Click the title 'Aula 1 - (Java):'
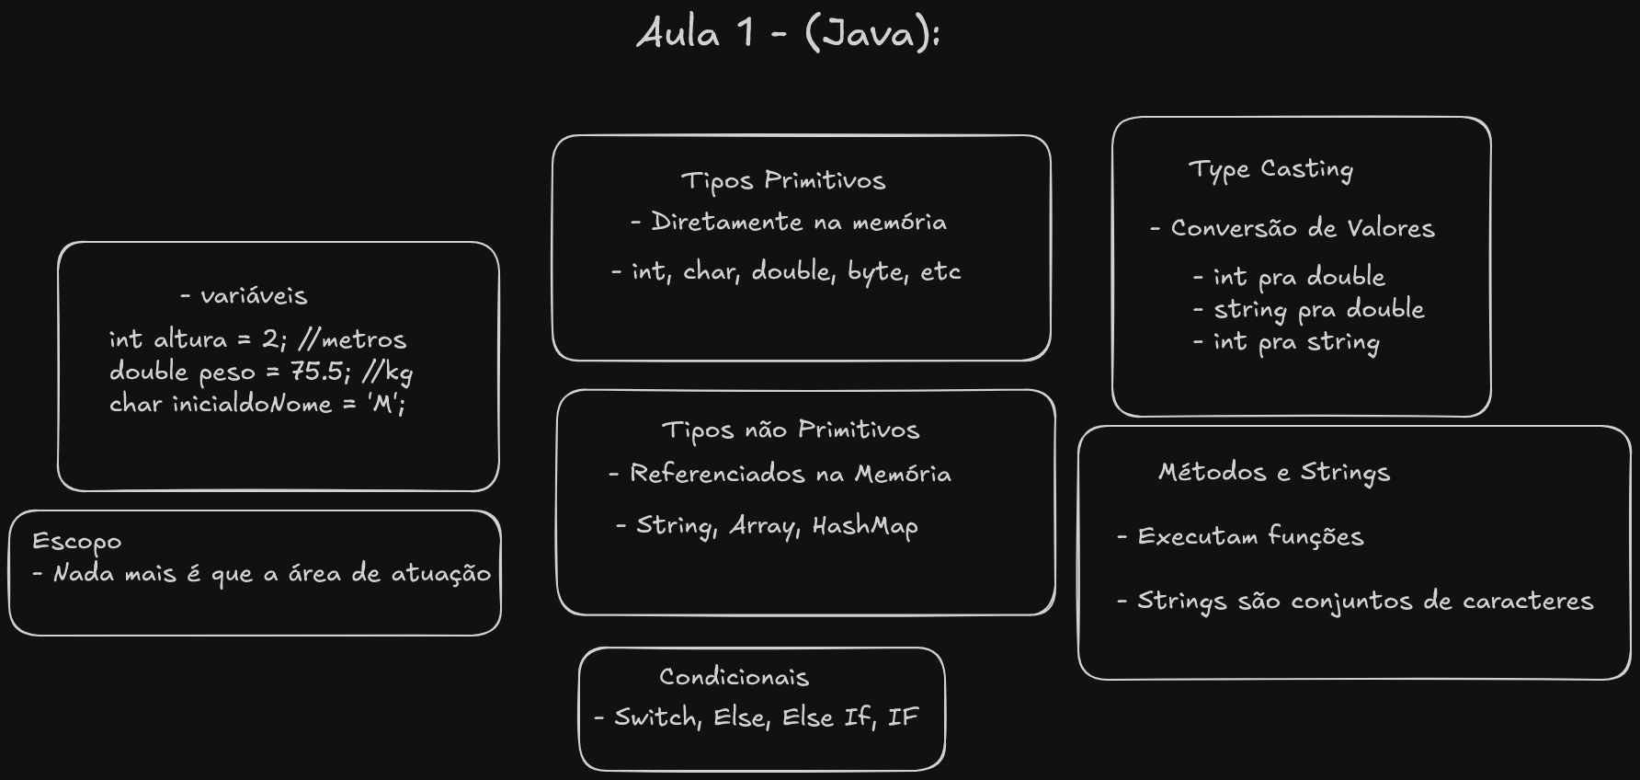(788, 35)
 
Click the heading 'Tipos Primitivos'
(783, 180)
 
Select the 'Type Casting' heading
(1270, 170)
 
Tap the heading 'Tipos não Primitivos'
(791, 430)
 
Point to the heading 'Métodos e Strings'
(1274, 473)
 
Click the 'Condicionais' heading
(734, 678)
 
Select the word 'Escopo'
(76, 542)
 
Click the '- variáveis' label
(244, 296)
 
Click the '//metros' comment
(352, 339)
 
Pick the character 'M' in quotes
(382, 404)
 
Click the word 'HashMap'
(865, 526)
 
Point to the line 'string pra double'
(1318, 310)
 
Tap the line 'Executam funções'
(1250, 537)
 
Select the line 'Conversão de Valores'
(1302, 229)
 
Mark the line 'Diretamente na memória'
(798, 223)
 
